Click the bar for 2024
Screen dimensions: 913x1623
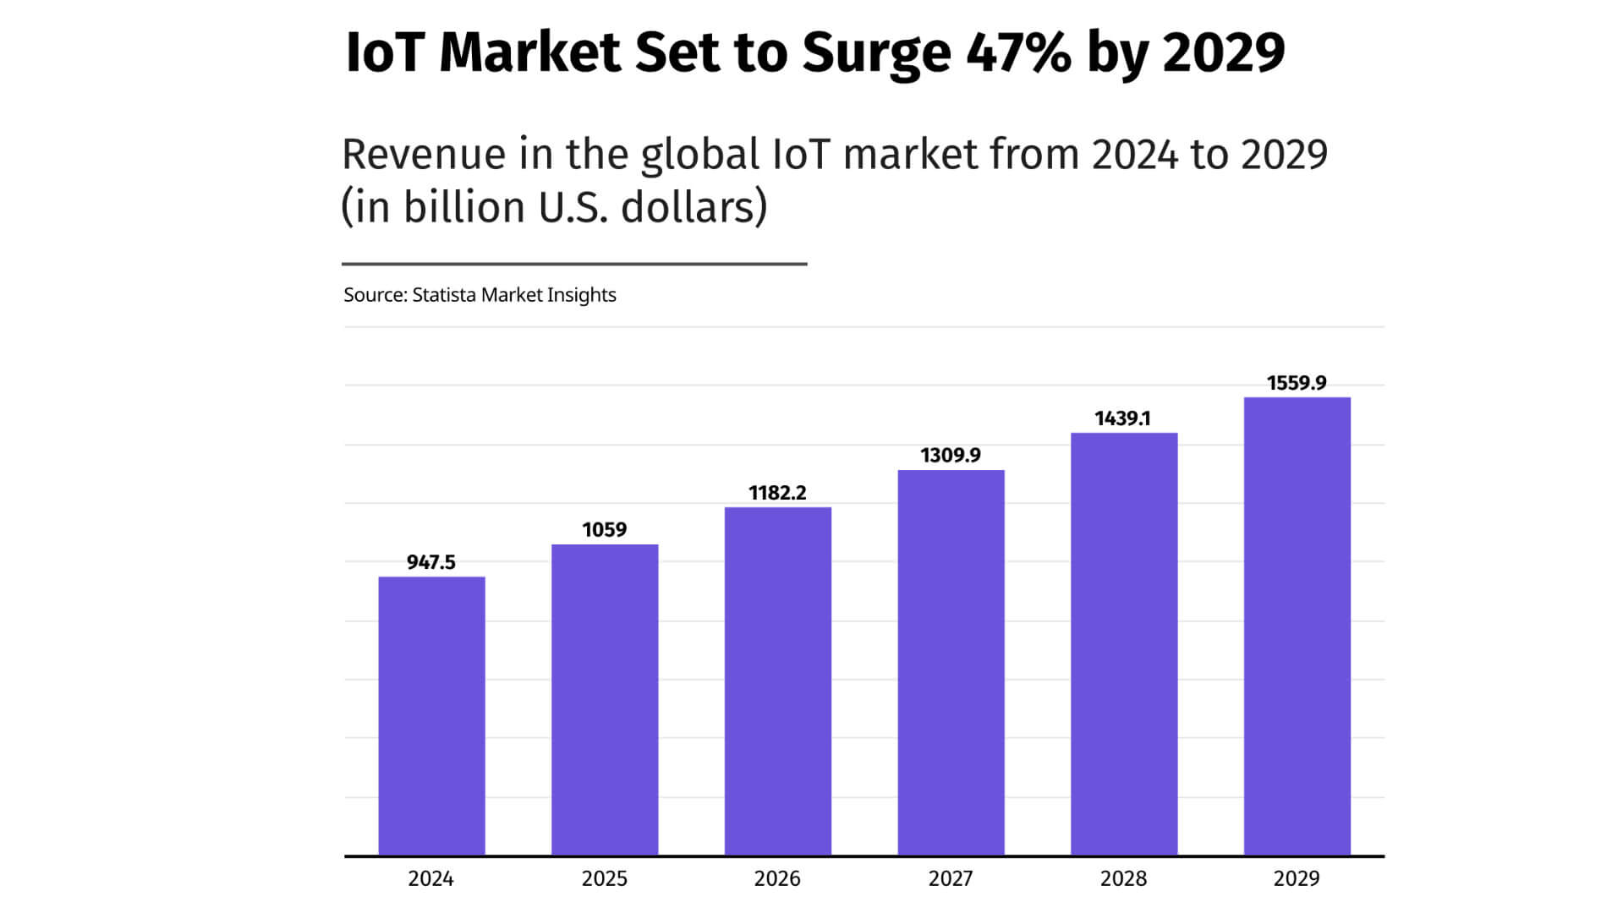431,716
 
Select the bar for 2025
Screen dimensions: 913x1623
605,700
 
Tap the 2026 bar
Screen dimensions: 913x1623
777,681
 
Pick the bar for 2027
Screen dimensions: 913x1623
951,663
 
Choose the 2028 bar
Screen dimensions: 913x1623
1124,644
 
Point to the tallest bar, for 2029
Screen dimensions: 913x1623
1297,626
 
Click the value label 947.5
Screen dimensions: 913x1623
431,562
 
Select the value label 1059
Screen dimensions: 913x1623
605,530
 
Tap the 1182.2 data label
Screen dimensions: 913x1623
777,493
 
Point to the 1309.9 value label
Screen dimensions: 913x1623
951,456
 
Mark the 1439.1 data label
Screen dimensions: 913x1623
1122,418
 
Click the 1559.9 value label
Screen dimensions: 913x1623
1297,383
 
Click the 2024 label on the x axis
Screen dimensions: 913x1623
431,879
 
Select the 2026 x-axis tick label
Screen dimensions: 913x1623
777,879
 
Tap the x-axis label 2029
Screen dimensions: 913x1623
1297,879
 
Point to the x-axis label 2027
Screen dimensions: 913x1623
951,879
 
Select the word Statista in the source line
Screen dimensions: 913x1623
444,295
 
